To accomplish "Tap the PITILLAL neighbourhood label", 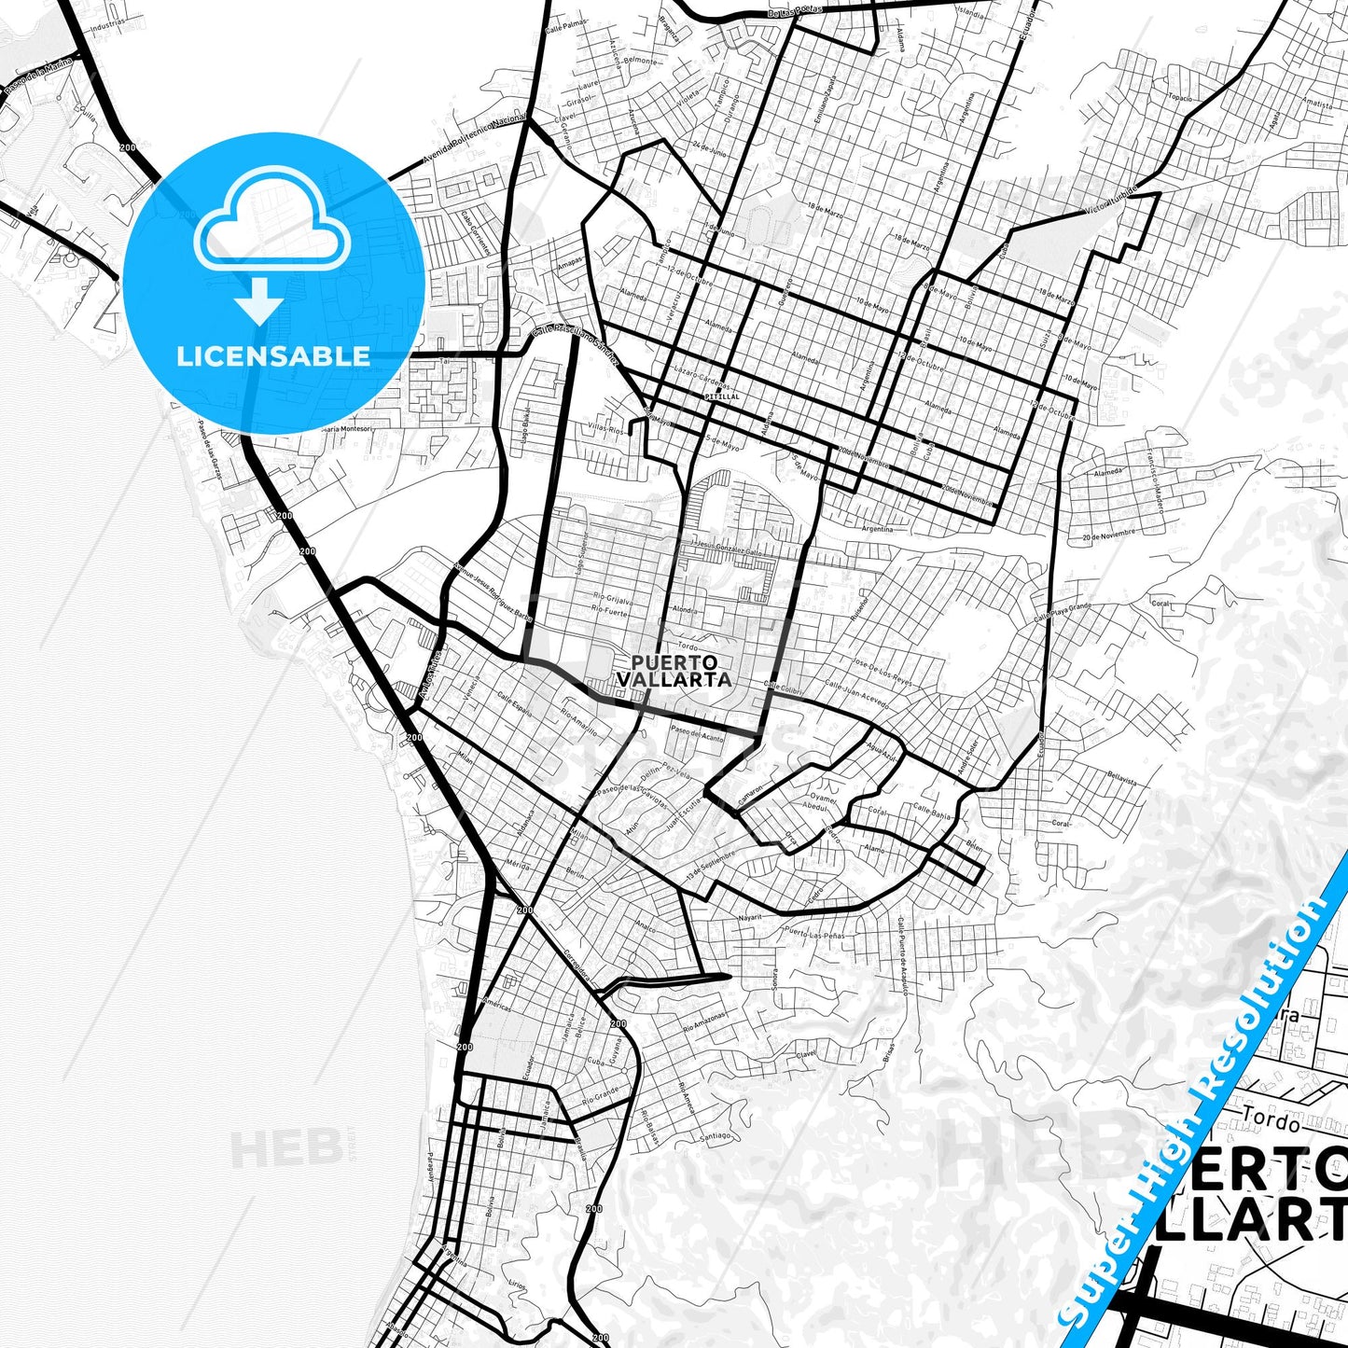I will click(x=722, y=396).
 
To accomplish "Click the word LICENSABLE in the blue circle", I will click(x=273, y=355).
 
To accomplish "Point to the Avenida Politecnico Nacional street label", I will click(x=474, y=141).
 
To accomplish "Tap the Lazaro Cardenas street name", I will click(x=701, y=378).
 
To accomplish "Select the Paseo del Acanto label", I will click(x=697, y=734).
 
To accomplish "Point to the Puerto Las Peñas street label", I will click(x=813, y=932).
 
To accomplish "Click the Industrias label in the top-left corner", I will click(x=106, y=25).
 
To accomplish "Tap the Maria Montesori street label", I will click(x=345, y=428).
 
